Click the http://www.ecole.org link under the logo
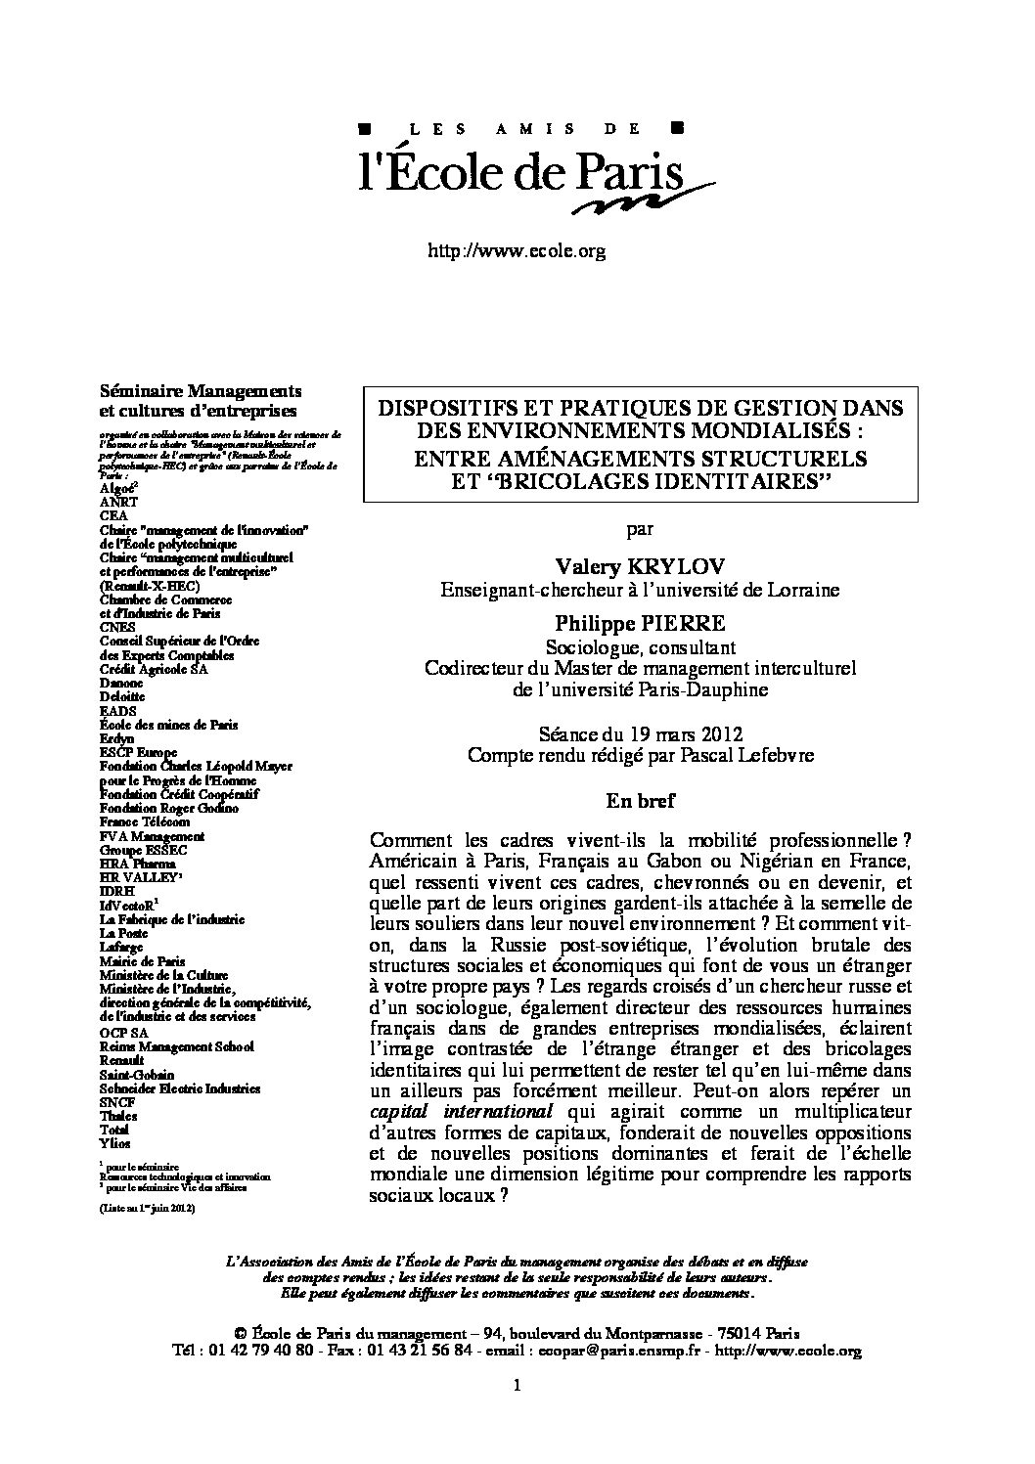click(517, 251)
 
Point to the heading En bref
click(639, 800)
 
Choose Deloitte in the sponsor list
click(121, 697)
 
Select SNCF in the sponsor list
click(117, 1101)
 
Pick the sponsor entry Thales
click(118, 1115)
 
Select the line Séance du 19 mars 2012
click(639, 733)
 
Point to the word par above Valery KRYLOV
click(639, 529)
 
